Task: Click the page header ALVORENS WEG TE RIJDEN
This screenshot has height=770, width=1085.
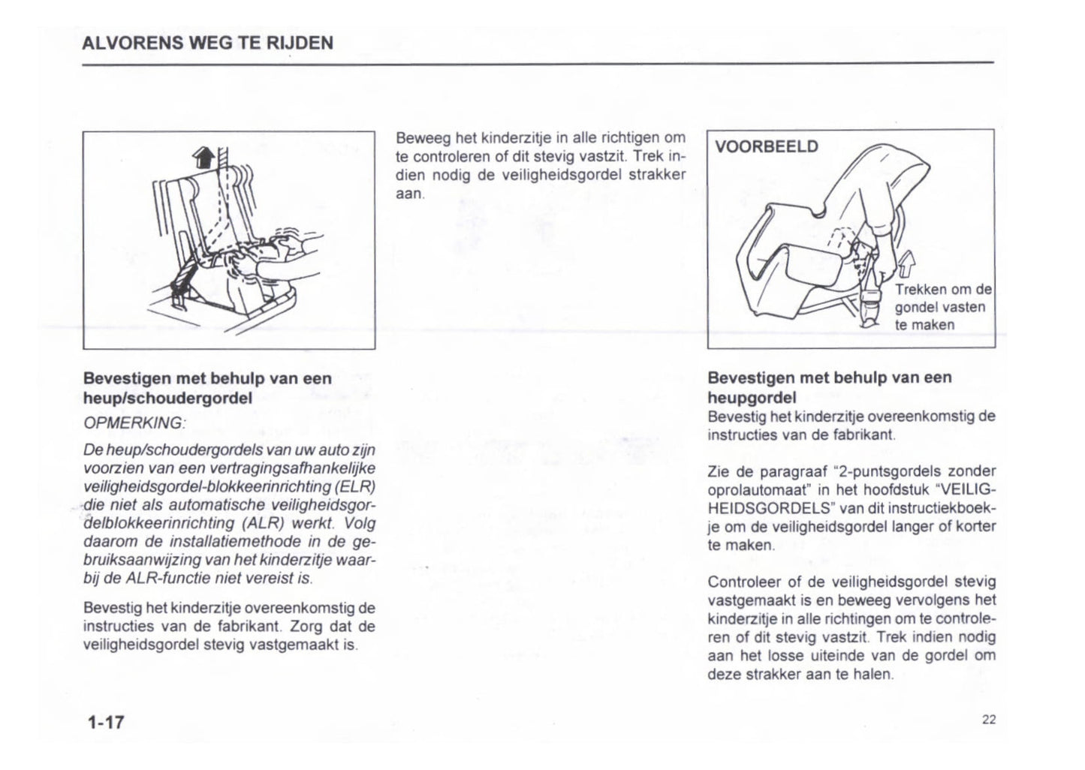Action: (207, 43)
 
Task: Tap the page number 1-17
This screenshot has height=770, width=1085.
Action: (105, 723)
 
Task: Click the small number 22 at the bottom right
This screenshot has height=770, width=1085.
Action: (988, 720)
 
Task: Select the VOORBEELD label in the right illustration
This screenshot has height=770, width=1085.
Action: (767, 146)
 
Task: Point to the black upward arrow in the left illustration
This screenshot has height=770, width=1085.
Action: (203, 157)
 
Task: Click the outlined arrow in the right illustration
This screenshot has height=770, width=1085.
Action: (906, 264)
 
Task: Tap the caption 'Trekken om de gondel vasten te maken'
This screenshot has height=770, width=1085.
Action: (942, 307)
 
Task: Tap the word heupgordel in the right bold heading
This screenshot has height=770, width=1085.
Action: (752, 398)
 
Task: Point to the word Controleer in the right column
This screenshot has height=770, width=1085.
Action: (743, 582)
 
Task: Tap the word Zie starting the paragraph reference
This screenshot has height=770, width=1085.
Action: (719, 471)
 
